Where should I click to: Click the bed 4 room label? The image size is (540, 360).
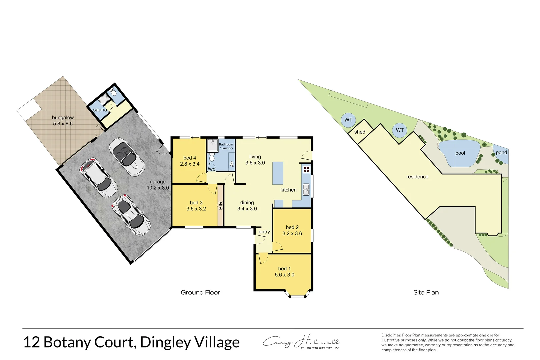[x=190, y=158]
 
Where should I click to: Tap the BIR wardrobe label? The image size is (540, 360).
[x=220, y=206]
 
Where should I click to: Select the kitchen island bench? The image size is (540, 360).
[x=278, y=173]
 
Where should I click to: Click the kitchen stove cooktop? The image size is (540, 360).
[x=306, y=169]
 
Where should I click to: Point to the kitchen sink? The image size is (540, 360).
[x=306, y=190]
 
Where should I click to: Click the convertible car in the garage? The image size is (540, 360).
[x=127, y=157]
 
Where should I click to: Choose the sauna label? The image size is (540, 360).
[x=100, y=110]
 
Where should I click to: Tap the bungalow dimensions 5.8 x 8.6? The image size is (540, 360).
[x=63, y=124]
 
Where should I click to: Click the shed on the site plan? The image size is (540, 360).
[x=360, y=132]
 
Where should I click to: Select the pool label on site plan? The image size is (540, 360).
[x=460, y=153]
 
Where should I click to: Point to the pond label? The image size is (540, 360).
[x=501, y=152]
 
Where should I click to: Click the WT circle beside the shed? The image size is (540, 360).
[x=348, y=120]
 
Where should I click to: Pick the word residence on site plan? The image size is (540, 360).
[x=417, y=177]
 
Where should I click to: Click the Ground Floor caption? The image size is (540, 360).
[x=200, y=292]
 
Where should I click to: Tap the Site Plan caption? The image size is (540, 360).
[x=426, y=292]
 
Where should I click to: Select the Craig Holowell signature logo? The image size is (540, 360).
[x=301, y=342]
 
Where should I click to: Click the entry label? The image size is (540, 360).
[x=264, y=232]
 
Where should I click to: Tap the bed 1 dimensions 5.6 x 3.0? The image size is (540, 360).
[x=284, y=275]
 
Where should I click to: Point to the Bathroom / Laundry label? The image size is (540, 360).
[x=226, y=146]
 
